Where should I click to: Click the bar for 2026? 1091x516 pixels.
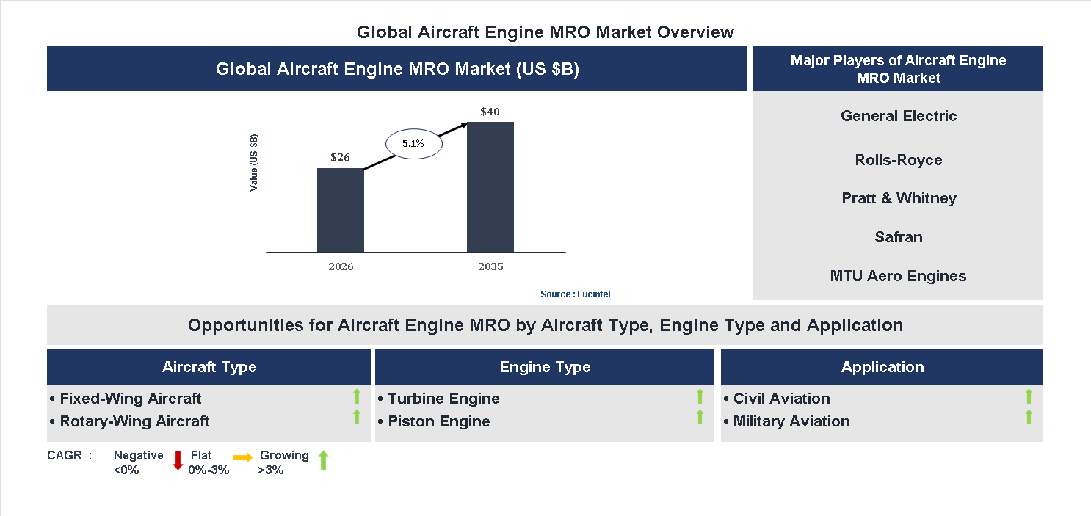tap(340, 211)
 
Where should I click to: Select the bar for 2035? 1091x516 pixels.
tap(490, 187)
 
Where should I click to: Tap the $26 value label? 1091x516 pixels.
tap(340, 157)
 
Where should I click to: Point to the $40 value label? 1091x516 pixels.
tap(490, 112)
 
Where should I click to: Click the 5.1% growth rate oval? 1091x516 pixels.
tap(413, 144)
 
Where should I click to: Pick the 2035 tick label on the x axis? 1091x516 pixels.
tap(490, 266)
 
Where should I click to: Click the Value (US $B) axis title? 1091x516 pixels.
tap(254, 163)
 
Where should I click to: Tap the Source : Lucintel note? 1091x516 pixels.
tap(575, 294)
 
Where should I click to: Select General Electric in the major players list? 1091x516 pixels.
tap(898, 116)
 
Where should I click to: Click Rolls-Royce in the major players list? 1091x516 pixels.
tap(898, 160)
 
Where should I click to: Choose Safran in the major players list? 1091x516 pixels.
tap(898, 237)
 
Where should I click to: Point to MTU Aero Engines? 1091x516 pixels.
tap(898, 276)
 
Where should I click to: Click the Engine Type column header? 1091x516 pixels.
tap(544, 367)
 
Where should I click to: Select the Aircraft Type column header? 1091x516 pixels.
tap(209, 367)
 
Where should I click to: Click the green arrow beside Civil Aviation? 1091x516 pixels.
tap(1029, 396)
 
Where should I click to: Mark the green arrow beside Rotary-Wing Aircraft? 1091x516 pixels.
tap(357, 417)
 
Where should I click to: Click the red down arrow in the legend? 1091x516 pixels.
tap(178, 460)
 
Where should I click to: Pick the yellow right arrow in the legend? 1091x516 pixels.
tap(243, 458)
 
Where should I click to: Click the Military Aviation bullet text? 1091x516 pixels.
tap(791, 421)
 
